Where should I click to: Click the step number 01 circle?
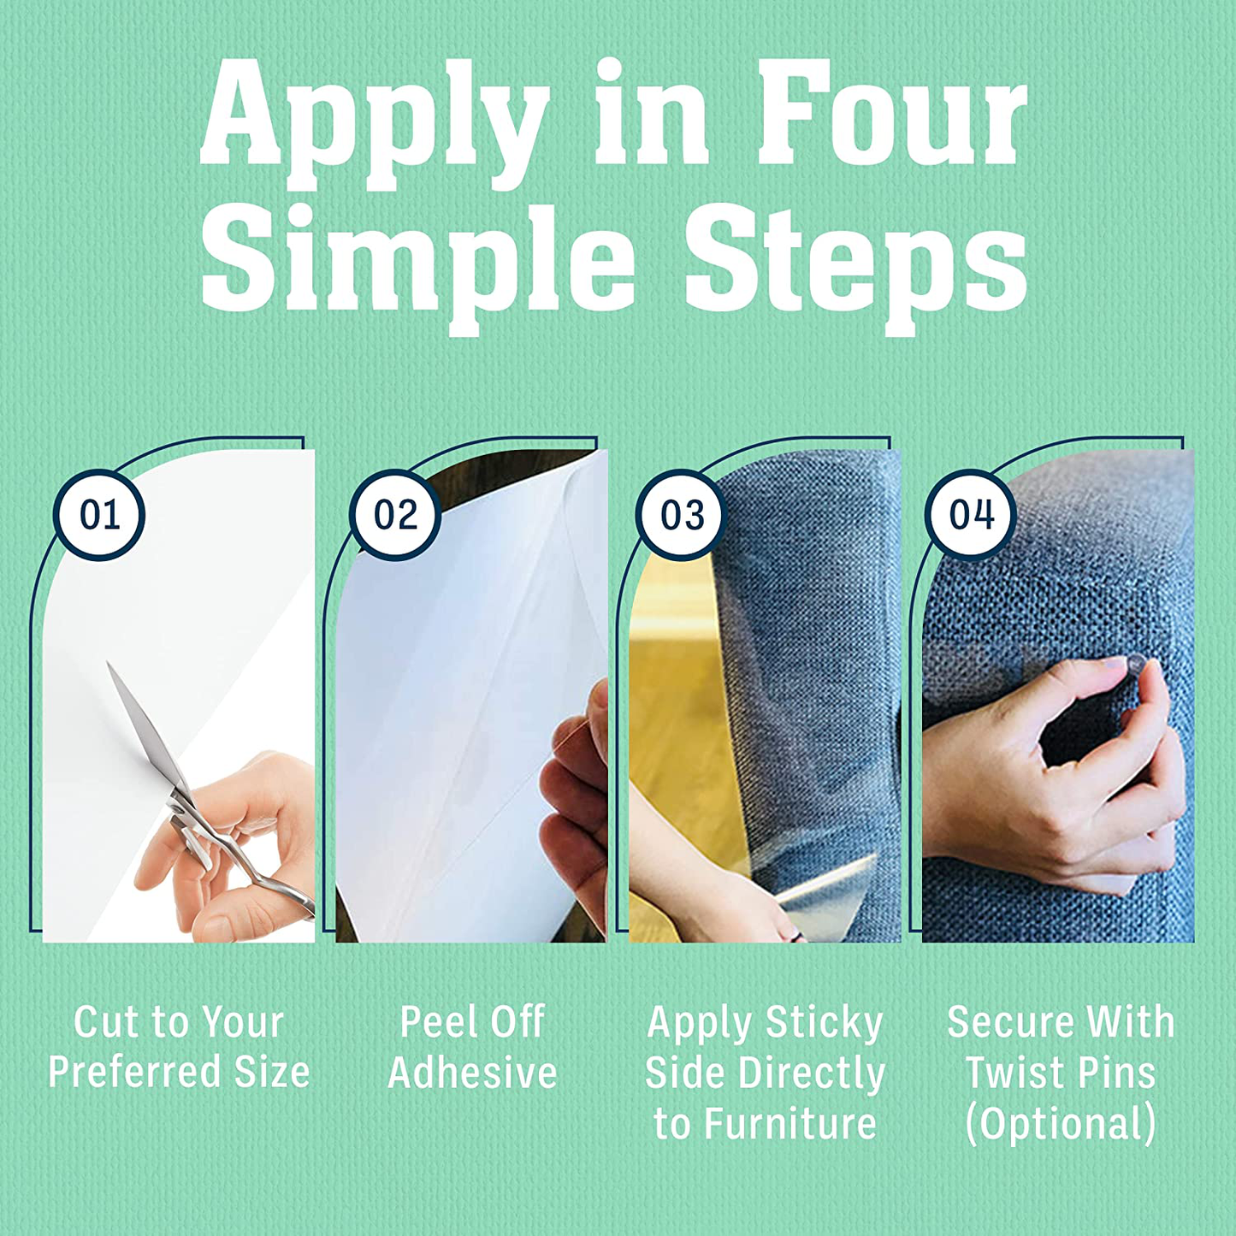click(99, 515)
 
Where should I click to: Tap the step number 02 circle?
click(395, 515)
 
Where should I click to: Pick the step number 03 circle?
click(682, 515)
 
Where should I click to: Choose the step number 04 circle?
click(971, 515)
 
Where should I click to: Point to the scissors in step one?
click(205, 795)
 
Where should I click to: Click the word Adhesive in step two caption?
click(472, 1073)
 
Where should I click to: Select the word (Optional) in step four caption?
click(1061, 1126)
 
